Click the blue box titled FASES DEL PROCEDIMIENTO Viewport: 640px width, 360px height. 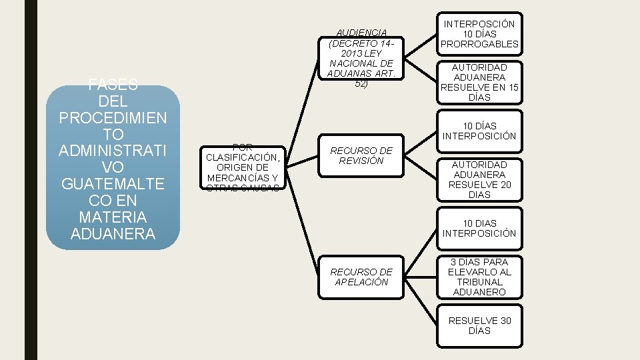pyautogui.click(x=113, y=167)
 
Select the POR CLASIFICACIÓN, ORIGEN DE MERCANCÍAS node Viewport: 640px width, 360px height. pyautogui.click(x=242, y=167)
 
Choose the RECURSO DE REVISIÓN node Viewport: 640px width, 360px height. pyautogui.click(x=361, y=155)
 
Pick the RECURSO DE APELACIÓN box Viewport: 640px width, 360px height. pyautogui.click(x=361, y=277)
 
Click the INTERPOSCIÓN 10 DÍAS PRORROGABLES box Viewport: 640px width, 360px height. pyautogui.click(x=479, y=34)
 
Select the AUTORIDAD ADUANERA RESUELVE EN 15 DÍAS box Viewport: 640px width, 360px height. pyautogui.click(x=479, y=82)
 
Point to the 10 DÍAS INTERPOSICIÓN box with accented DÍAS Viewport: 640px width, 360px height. pyautogui.click(x=479, y=131)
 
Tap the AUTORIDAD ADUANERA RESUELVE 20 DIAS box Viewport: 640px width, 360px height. pyautogui.click(x=479, y=179)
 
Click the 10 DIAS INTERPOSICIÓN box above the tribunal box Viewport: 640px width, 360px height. pyautogui.click(x=479, y=228)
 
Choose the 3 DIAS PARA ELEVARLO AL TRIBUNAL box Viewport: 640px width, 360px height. pyautogui.click(x=479, y=277)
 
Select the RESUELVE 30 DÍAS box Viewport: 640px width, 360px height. pyautogui.click(x=479, y=325)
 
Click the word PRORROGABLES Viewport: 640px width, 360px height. pyautogui.click(x=479, y=44)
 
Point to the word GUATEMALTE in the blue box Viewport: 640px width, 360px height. pyautogui.click(x=113, y=183)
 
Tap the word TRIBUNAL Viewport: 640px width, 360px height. pyautogui.click(x=479, y=282)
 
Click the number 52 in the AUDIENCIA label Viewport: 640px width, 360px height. pyautogui.click(x=361, y=84)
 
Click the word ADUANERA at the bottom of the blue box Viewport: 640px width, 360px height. pyautogui.click(x=113, y=234)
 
